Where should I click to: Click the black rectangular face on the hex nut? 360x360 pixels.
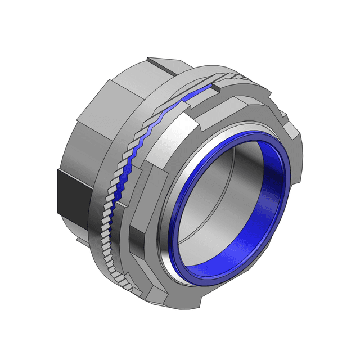tap(71, 192)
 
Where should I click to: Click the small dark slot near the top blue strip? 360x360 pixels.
tap(217, 88)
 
